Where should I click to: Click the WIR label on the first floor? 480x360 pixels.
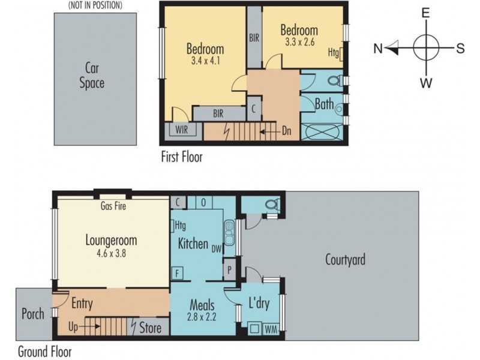click(182, 130)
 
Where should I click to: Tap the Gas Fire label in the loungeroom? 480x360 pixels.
click(113, 206)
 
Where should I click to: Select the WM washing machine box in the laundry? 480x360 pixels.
click(271, 329)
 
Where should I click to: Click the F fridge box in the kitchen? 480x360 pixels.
click(177, 273)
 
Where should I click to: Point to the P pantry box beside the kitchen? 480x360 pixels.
click(230, 269)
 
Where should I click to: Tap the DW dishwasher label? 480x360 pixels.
click(217, 250)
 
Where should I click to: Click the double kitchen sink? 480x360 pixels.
click(229, 232)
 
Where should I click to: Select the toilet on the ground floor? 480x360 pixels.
click(272, 204)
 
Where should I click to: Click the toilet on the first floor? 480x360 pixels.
click(335, 80)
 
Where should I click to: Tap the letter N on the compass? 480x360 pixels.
click(378, 49)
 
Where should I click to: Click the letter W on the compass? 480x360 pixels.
click(426, 83)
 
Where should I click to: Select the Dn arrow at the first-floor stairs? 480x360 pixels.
click(269, 132)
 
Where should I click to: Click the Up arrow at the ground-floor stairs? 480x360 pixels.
click(89, 326)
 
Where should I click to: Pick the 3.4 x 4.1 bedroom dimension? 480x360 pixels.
click(205, 61)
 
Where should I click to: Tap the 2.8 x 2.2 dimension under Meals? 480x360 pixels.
click(202, 317)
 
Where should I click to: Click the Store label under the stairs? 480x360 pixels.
click(151, 328)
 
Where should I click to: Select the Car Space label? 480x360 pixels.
click(92, 76)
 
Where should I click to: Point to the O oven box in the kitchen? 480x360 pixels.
click(203, 202)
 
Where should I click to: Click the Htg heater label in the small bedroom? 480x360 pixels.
click(334, 52)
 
